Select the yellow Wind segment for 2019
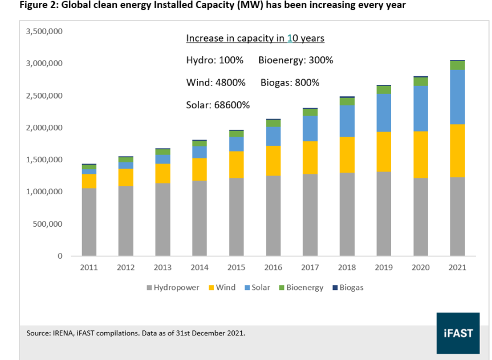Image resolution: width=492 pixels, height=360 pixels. coord(383,152)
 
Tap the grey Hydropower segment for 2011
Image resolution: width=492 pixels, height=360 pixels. coord(89,222)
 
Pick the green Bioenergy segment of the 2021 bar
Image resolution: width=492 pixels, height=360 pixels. coord(457,66)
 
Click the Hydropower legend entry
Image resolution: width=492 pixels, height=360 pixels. coord(173,288)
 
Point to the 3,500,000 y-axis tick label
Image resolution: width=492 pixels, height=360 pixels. coord(44,31)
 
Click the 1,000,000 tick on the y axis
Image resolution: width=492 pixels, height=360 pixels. coord(44,192)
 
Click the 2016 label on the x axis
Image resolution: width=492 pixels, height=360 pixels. coord(273,267)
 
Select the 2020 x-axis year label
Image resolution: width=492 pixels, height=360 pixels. coord(420,267)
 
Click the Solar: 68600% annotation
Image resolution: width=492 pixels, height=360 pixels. coord(218,105)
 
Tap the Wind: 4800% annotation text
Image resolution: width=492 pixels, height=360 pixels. coord(215,83)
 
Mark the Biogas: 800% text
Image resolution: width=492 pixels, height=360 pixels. coord(290,83)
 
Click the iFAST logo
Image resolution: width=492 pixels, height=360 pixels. coord(458,333)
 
